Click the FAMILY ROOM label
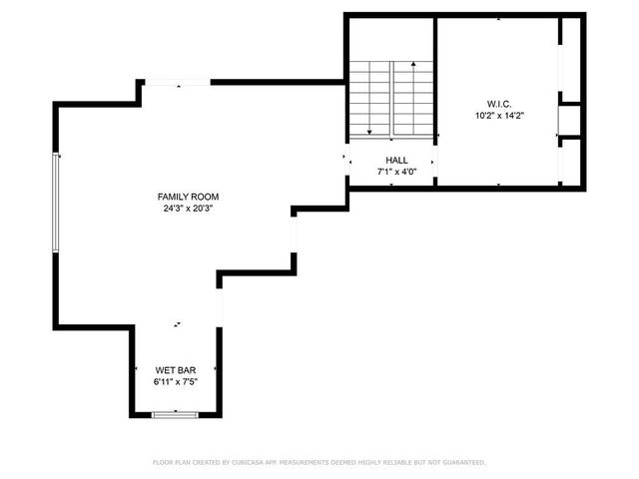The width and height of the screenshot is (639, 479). tap(188, 197)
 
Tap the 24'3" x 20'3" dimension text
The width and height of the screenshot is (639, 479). tap(188, 209)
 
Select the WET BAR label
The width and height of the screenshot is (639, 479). tap(175, 370)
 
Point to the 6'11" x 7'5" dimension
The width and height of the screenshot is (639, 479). tap(175, 382)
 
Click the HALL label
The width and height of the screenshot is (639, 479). tap(396, 160)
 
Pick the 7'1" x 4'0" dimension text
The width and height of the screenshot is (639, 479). tap(396, 172)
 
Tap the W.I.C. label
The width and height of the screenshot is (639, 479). tap(499, 104)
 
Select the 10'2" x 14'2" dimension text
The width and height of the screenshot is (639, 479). tap(499, 116)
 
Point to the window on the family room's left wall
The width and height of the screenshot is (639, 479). tap(56, 205)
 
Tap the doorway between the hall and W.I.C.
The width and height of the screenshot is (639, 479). tap(434, 160)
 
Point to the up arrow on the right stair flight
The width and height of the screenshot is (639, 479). tap(411, 68)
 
